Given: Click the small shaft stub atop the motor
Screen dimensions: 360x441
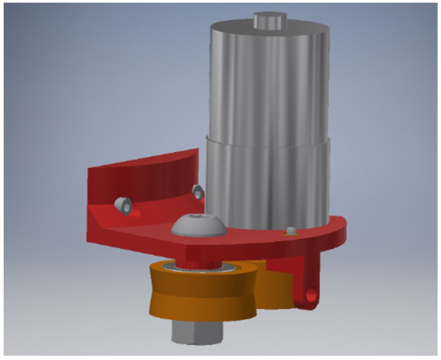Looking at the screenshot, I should pos(268,21).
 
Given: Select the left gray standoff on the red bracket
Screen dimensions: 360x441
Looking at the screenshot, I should pos(123,206).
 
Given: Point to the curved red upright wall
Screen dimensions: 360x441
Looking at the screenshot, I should pos(141,178).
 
